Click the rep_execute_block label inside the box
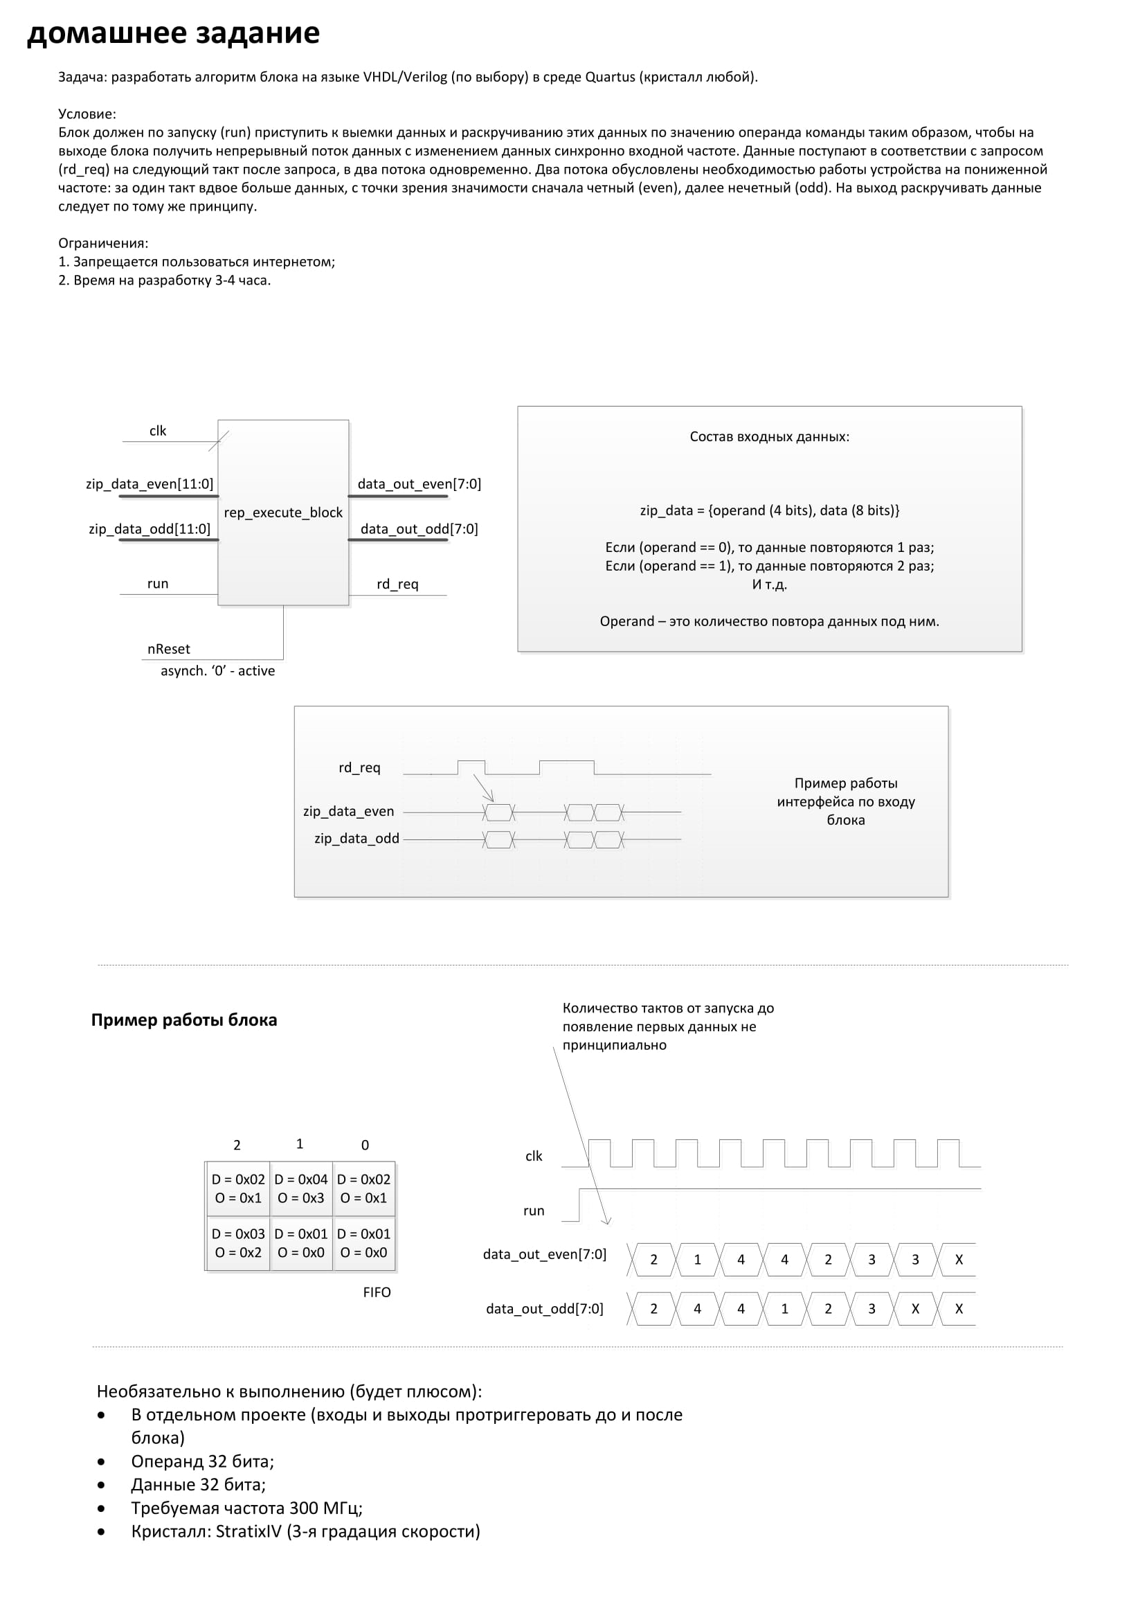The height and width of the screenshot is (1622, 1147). (283, 513)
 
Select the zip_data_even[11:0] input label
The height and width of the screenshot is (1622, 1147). (150, 484)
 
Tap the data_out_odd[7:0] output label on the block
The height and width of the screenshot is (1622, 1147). (419, 529)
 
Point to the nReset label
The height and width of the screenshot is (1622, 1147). (169, 648)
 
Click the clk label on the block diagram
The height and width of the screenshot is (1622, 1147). (158, 431)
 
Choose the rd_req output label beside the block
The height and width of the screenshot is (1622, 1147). (397, 585)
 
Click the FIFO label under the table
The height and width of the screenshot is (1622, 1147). (377, 1292)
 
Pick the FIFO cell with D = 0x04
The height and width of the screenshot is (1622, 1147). (301, 1188)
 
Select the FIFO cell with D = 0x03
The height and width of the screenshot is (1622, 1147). (238, 1242)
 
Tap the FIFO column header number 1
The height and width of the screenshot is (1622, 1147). (300, 1143)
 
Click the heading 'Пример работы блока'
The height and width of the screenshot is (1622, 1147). (183, 1020)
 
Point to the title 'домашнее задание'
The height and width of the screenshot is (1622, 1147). (173, 33)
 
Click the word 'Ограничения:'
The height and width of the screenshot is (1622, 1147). (103, 243)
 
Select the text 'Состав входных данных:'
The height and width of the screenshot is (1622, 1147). (769, 436)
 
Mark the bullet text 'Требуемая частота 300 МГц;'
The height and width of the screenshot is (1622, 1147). (246, 1508)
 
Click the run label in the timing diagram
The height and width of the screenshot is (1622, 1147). (534, 1211)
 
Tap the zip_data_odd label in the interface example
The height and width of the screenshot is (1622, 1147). (356, 839)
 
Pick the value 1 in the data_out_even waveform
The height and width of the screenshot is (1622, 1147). (697, 1260)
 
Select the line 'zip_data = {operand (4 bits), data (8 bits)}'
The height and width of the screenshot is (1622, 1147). (769, 510)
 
